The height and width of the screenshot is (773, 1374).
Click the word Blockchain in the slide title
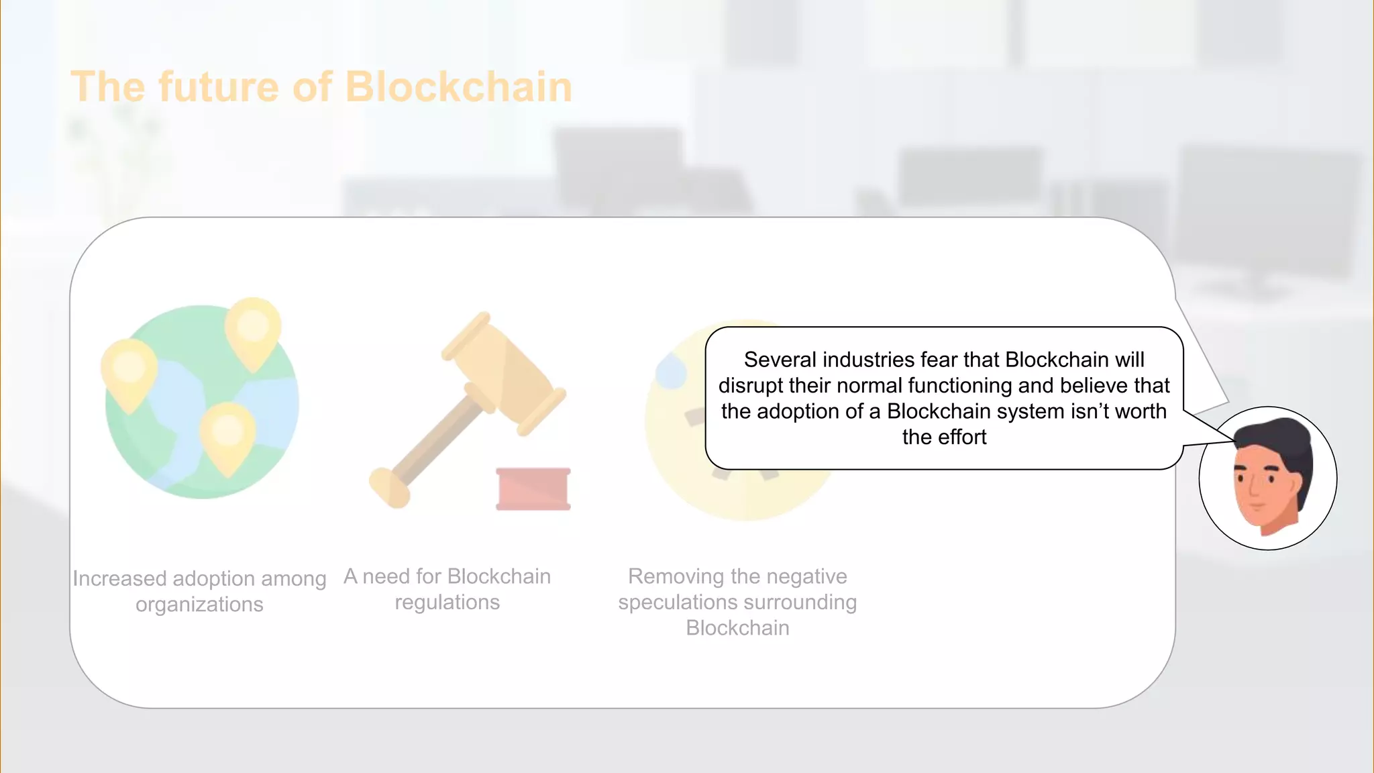tap(458, 87)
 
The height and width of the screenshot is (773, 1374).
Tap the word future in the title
tap(218, 87)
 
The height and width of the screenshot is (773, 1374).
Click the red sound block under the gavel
tap(533, 488)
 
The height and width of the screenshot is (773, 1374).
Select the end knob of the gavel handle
tap(389, 487)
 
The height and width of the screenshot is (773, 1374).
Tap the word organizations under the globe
tap(199, 605)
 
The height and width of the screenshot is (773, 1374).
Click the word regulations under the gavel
tap(447, 603)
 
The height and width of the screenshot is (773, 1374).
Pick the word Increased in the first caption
tap(119, 578)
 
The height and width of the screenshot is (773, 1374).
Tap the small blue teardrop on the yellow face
tap(670, 371)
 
